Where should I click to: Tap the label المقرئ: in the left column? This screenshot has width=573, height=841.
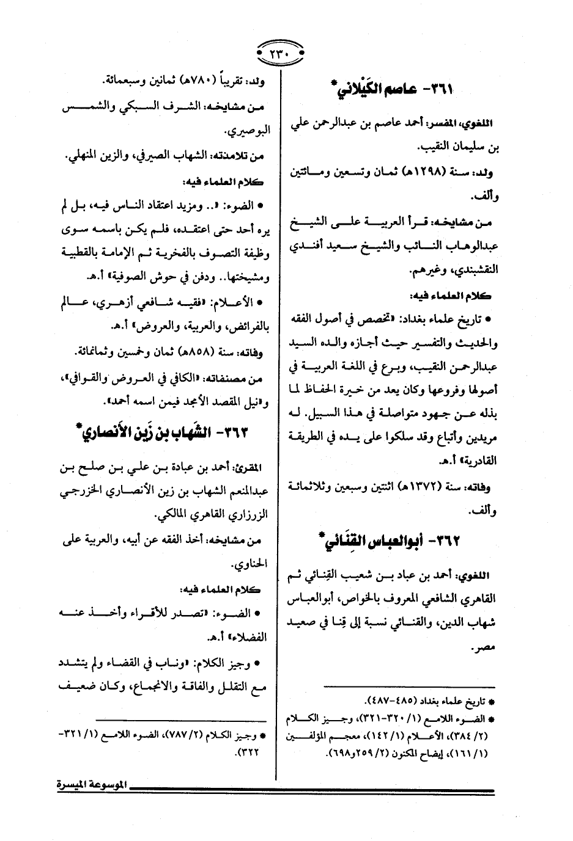click(249, 468)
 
